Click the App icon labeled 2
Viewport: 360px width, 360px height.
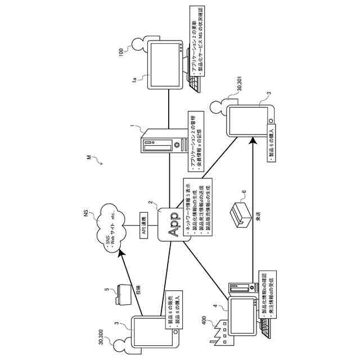(x=174, y=224)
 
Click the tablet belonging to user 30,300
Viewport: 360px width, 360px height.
(x=154, y=332)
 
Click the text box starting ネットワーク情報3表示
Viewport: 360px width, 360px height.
(x=198, y=206)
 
